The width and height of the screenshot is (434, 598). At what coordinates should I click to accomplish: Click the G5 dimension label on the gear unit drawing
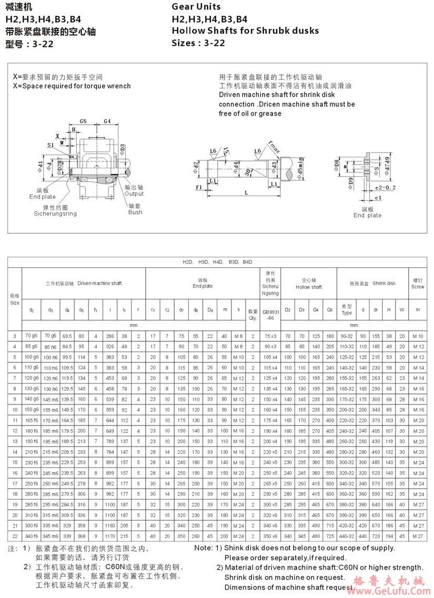click(x=83, y=121)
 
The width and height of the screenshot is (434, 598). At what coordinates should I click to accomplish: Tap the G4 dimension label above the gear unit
click(x=107, y=121)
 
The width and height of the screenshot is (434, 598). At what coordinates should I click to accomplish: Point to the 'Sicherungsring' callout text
click(x=55, y=214)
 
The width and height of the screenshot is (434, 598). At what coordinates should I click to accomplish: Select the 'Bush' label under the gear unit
click(x=135, y=212)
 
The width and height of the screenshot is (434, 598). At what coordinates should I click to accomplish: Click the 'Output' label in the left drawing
click(x=134, y=194)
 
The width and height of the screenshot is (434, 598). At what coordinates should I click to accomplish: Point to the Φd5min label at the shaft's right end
click(x=300, y=166)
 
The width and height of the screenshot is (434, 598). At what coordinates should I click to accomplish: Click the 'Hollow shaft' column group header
click(x=308, y=287)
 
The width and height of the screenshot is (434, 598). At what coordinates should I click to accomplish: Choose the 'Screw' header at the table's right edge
click(x=418, y=287)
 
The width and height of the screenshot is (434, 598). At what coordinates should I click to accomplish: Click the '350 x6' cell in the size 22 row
click(x=270, y=535)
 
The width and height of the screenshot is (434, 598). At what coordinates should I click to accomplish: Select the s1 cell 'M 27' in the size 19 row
click(x=418, y=504)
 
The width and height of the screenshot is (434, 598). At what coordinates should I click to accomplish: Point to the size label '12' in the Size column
click(x=14, y=430)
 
